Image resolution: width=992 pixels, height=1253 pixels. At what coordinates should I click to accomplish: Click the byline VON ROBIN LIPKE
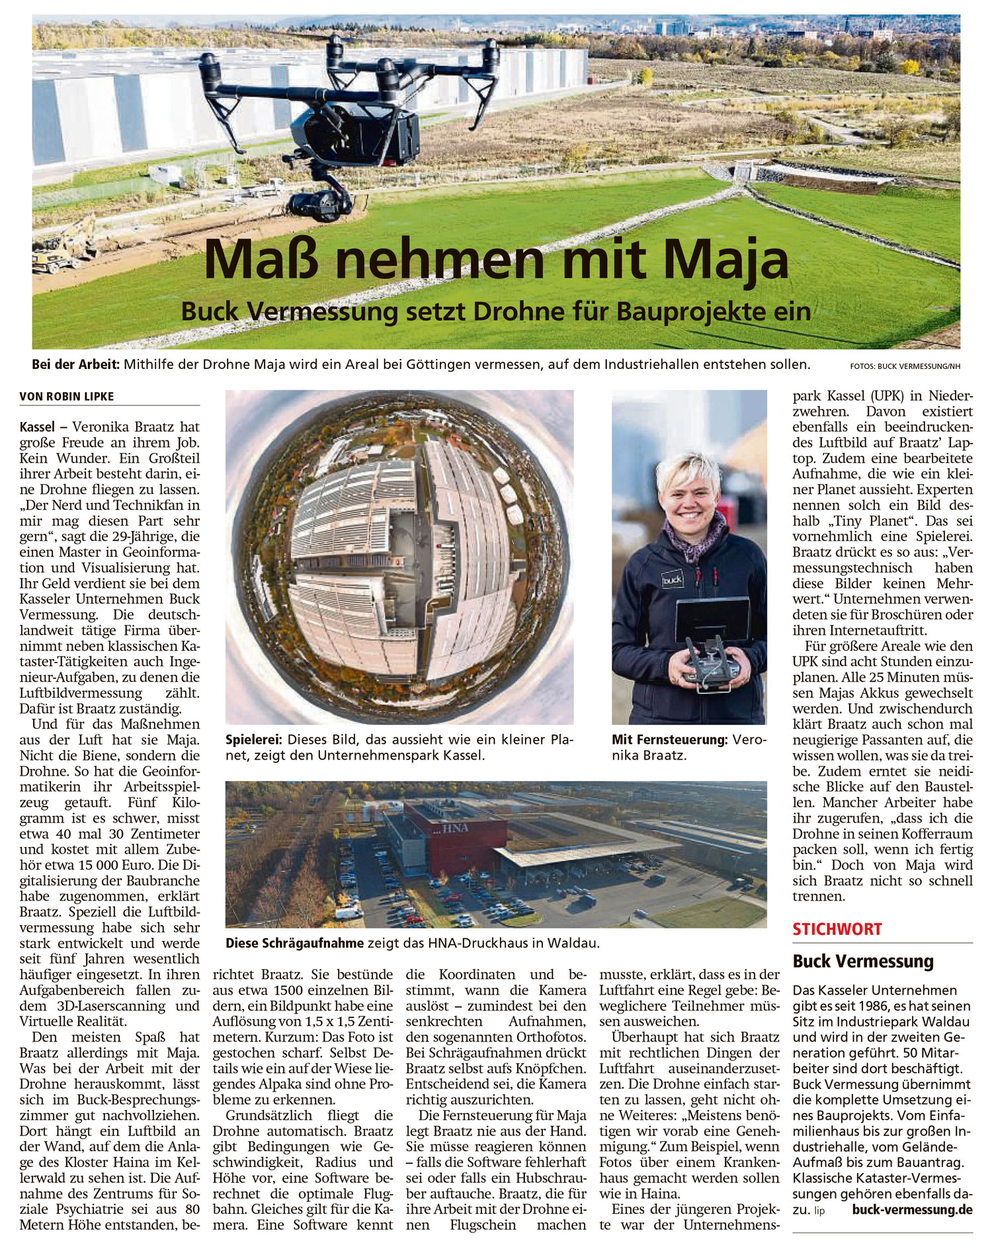pos(67,396)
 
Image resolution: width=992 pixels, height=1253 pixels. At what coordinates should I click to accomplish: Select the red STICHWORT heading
pos(837,929)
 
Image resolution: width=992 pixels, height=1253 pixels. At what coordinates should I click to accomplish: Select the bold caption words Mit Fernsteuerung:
pos(669,740)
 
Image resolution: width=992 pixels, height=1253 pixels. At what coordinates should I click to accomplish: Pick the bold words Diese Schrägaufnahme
pos(294,944)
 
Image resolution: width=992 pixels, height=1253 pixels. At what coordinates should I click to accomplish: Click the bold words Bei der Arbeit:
pos(75,364)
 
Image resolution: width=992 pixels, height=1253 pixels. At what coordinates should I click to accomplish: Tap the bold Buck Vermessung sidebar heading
pos(862,961)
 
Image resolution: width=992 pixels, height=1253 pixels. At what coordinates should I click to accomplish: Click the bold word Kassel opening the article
pos(38,427)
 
